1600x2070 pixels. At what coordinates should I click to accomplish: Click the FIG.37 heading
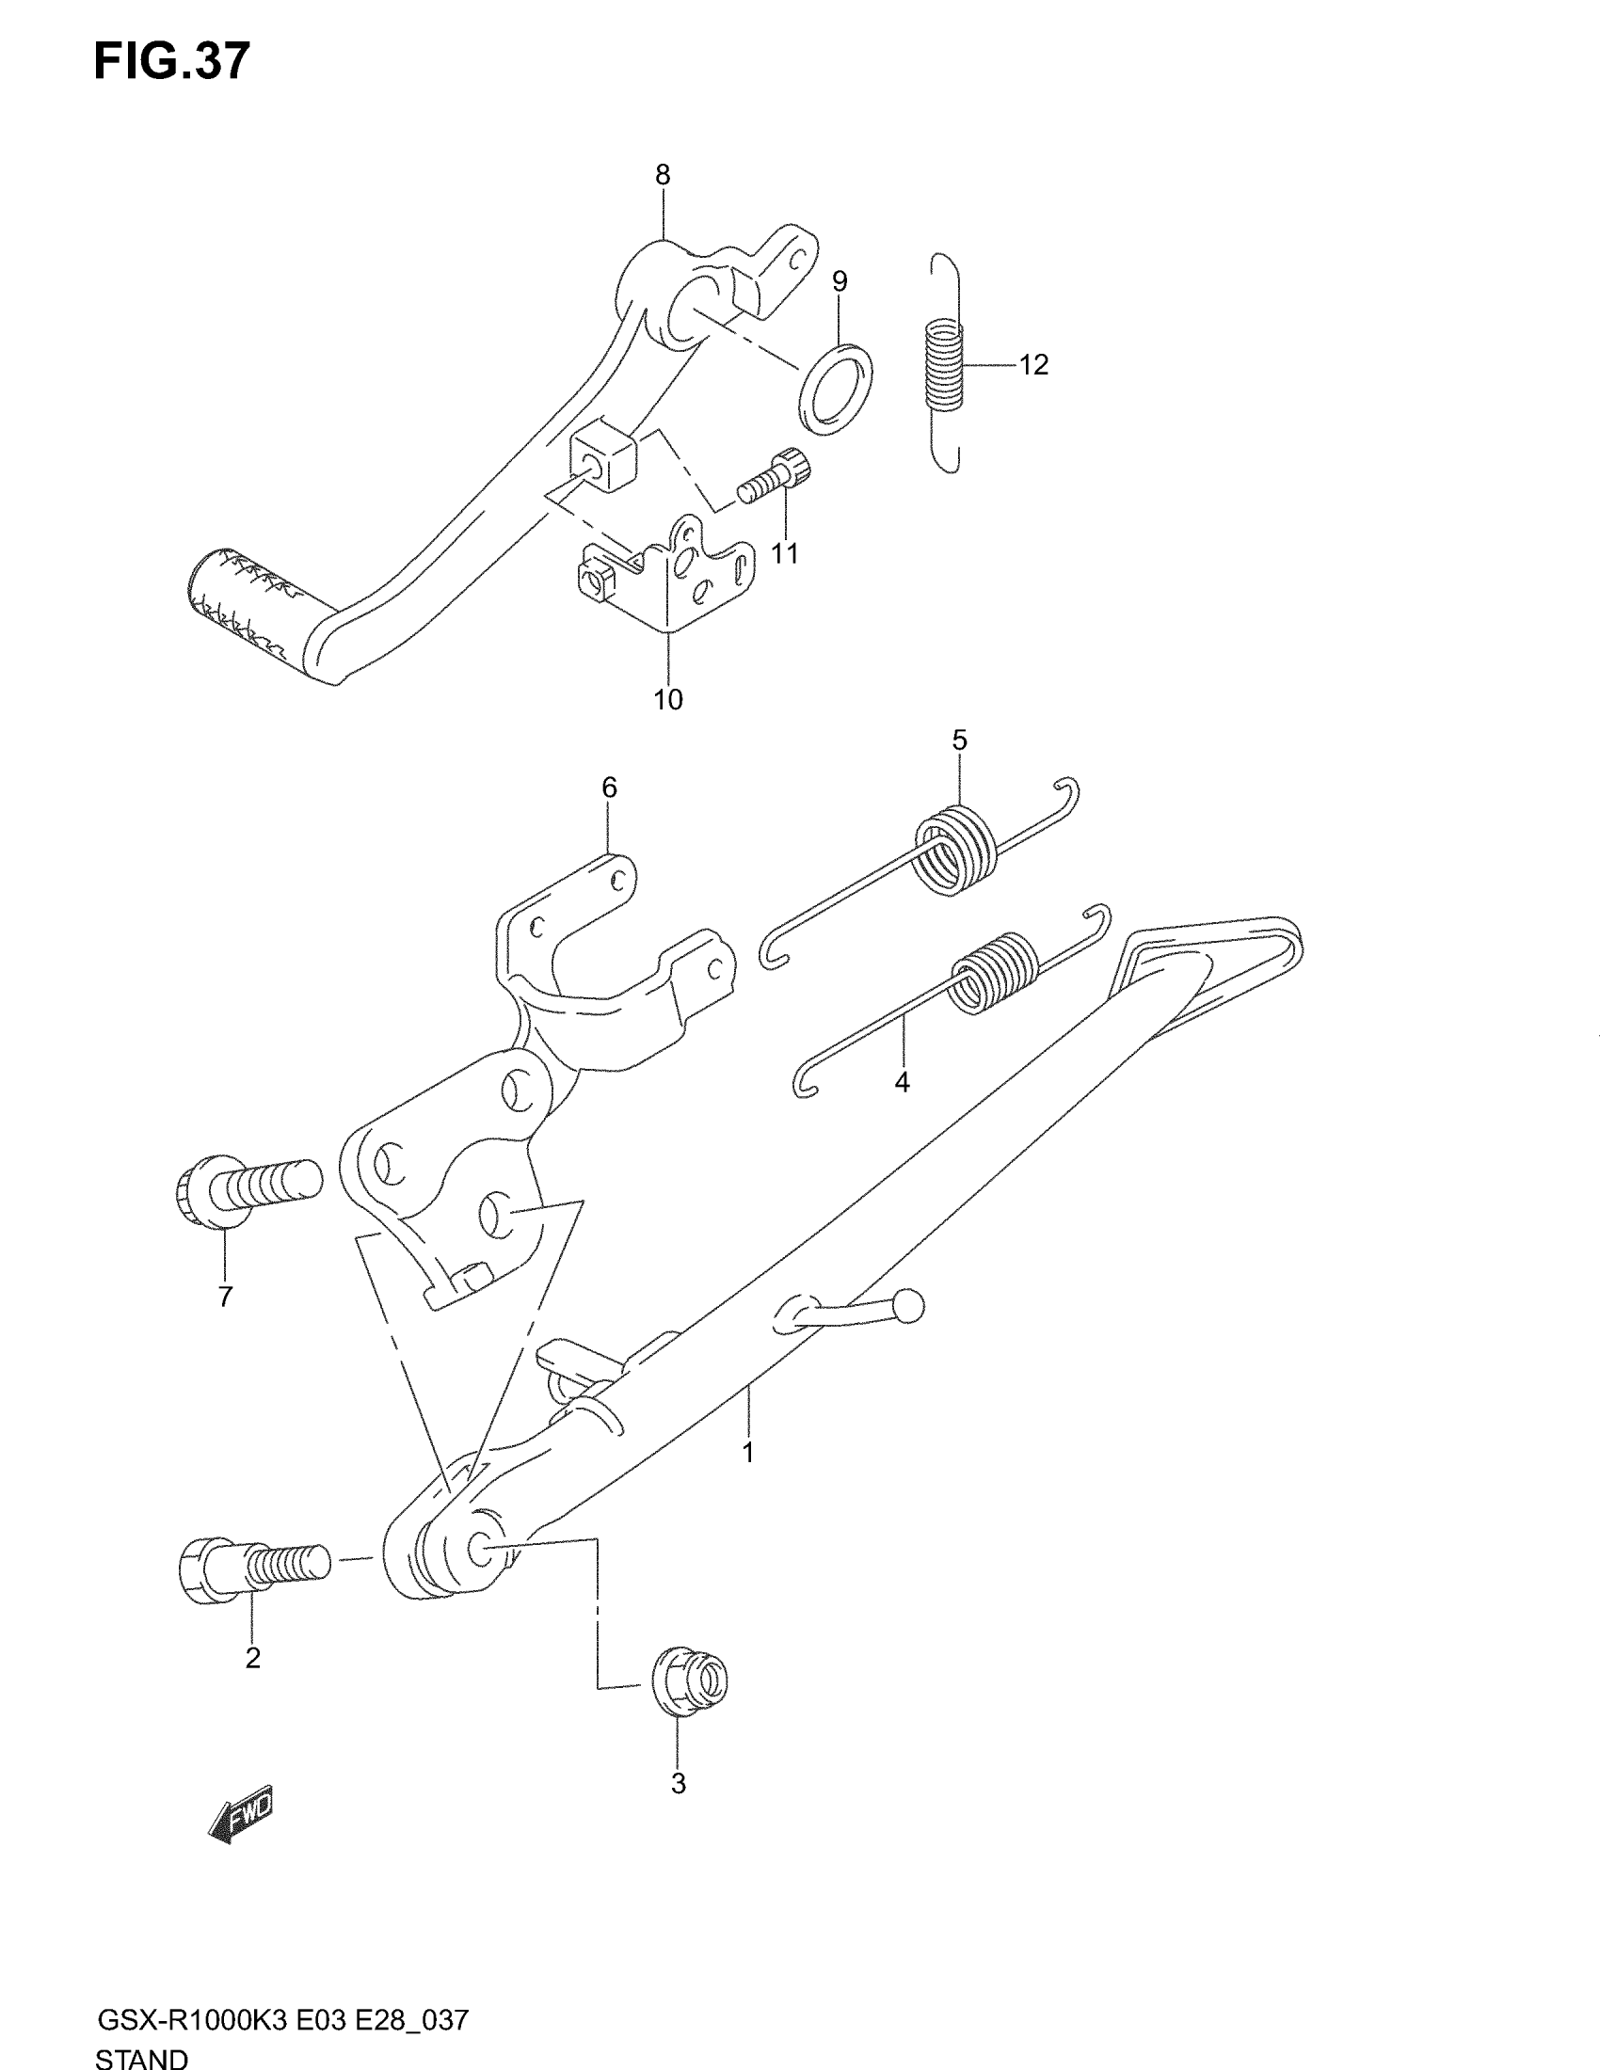pos(171,62)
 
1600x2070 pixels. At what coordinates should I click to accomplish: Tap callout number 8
pos(663,174)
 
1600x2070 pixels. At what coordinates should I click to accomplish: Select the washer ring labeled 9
pos(836,389)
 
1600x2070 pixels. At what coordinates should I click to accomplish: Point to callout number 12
pos(1034,365)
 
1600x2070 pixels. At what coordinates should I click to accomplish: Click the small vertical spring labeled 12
pos(945,365)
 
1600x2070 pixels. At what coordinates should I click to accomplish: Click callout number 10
pos(667,699)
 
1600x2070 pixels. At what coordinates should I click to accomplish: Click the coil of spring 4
pos(993,972)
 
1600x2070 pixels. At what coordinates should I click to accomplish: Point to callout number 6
pos(610,788)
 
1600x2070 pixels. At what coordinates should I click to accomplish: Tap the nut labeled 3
pos(690,1680)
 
